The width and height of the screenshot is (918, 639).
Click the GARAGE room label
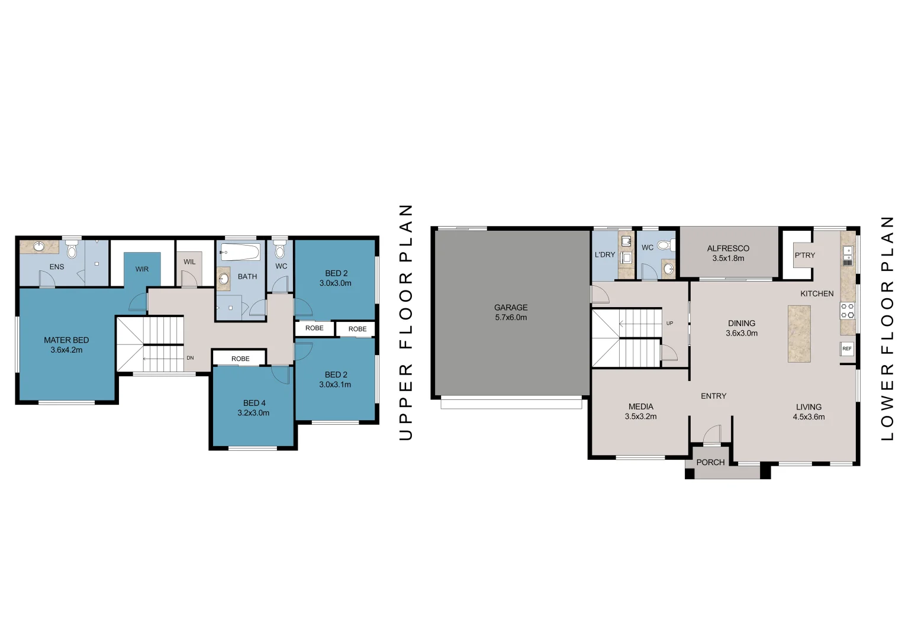(x=511, y=308)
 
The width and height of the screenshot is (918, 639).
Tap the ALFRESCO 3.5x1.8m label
(x=728, y=253)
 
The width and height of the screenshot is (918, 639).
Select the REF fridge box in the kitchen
(x=847, y=348)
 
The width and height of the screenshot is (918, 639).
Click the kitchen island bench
(x=799, y=334)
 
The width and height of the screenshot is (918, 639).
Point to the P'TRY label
(x=804, y=256)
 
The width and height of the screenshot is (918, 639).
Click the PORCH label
(x=710, y=462)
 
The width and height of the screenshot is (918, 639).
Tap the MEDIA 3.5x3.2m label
(x=640, y=411)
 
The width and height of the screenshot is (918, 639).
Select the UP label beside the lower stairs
(x=669, y=323)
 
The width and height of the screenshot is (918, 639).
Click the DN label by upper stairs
(x=190, y=358)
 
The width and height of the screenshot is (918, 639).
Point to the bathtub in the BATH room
(x=240, y=253)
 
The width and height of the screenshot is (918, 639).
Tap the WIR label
(x=142, y=269)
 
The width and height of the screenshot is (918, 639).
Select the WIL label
(x=189, y=262)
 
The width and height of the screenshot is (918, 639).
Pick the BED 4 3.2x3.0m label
(x=253, y=408)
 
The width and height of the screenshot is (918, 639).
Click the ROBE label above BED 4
(x=240, y=359)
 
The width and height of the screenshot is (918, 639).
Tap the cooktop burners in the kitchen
(x=848, y=311)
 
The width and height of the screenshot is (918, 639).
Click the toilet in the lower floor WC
(x=665, y=245)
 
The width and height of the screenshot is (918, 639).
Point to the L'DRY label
(x=605, y=254)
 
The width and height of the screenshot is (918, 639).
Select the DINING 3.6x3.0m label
(x=742, y=328)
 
